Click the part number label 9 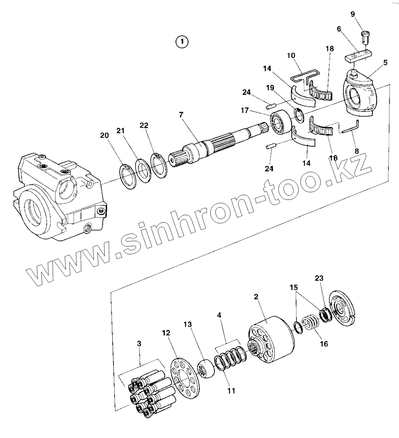tap(353, 15)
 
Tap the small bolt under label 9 tap(366, 37)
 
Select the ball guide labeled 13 tap(206, 369)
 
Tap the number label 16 tap(324, 343)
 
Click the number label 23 tap(319, 278)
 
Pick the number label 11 tap(231, 391)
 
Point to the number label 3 tap(139, 343)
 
